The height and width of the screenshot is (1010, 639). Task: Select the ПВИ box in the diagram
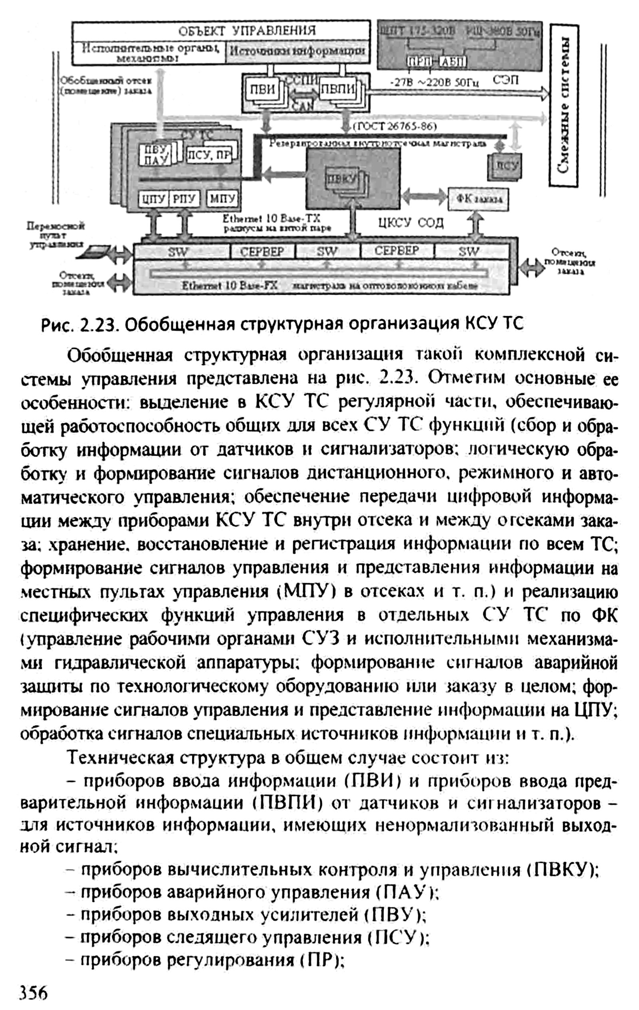pos(262,90)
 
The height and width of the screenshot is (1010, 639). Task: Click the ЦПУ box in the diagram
pos(153,199)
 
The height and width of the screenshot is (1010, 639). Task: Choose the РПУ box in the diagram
pos(184,199)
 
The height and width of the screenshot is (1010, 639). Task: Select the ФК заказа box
pos(479,199)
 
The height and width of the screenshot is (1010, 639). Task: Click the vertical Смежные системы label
pos(564,105)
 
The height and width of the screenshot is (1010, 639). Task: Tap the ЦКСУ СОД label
pos(411,223)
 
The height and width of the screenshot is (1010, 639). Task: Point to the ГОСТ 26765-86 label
pos(395,126)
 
